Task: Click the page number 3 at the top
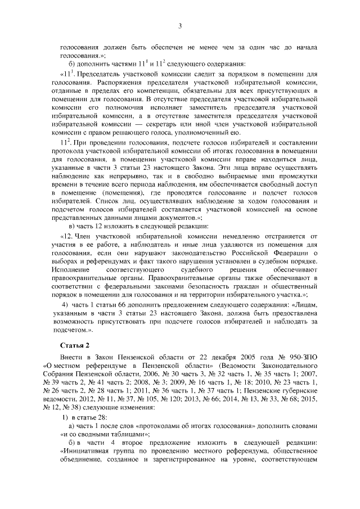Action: point(180,25)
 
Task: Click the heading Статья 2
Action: point(74,344)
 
